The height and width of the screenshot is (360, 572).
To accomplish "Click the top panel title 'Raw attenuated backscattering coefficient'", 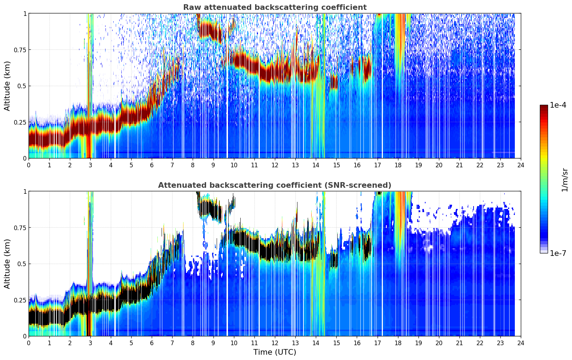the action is [275, 7].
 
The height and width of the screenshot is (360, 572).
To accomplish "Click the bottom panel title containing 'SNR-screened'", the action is [275, 185].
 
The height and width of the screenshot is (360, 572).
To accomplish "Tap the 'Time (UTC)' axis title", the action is [275, 352].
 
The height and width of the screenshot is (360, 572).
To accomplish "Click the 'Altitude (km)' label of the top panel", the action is [7, 86].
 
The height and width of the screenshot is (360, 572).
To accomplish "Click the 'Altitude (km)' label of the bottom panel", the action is [7, 264].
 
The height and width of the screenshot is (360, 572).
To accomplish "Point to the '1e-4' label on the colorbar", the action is [558, 105].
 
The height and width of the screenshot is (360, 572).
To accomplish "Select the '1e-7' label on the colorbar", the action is [558, 253].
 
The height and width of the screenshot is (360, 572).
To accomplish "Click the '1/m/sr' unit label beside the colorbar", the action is [565, 180].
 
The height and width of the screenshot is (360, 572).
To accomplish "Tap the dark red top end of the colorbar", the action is [544, 106].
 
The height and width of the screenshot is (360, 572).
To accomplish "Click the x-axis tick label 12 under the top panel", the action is [275, 165].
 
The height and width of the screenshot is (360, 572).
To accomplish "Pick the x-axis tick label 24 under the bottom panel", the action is [521, 343].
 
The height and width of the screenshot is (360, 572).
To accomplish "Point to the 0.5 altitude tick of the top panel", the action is [22, 86].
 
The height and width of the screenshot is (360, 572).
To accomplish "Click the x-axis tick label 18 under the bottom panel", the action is [398, 343].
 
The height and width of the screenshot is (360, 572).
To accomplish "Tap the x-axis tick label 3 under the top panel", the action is [90, 165].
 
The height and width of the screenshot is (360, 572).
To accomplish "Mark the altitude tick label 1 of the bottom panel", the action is [25, 191].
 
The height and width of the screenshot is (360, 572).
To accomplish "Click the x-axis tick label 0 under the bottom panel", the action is [29, 343].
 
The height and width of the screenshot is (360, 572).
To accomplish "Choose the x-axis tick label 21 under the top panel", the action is [459, 165].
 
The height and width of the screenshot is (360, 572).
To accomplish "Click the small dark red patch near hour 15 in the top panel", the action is [334, 82].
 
